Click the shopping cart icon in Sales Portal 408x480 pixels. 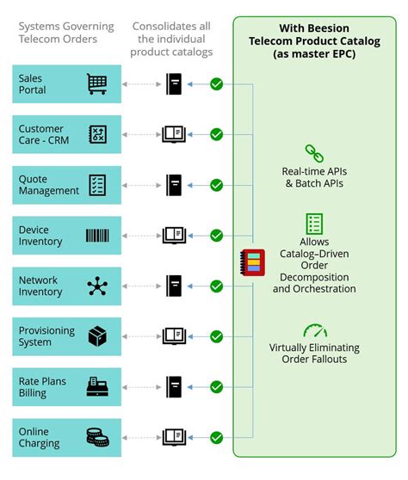pos(97,83)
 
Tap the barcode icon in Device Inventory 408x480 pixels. pos(97,236)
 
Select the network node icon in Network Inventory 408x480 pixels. pos(97,286)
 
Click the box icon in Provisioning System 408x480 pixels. pos(97,336)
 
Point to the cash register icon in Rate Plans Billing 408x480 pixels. pos(97,386)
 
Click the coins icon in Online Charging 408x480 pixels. pos(97,437)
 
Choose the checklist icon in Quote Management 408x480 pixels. pos(97,185)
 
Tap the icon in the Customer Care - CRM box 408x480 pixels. pos(97,134)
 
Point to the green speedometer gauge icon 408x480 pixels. pos(313,330)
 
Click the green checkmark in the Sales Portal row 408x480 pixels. pos(217,83)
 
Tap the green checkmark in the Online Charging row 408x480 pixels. pos(217,437)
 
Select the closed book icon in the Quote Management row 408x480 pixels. pos(175,185)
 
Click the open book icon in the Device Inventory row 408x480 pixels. pos(175,236)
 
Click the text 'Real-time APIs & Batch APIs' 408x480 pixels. pos(313,177)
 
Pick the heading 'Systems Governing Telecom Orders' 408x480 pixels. pos(59,34)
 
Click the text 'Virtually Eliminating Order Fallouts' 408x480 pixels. pos(313,354)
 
